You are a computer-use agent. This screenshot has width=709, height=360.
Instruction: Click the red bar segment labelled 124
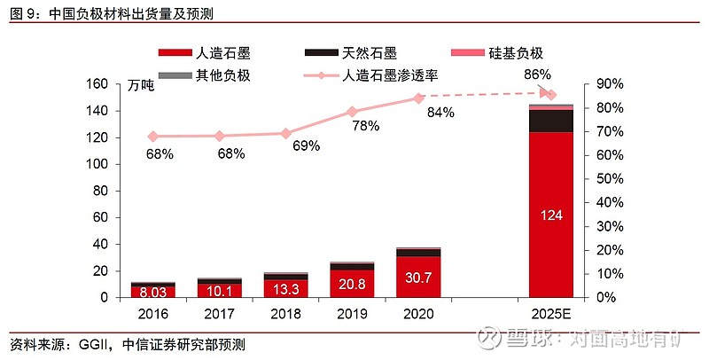550,215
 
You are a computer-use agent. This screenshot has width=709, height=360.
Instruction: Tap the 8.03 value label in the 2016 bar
152,291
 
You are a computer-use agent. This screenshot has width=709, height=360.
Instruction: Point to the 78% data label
365,126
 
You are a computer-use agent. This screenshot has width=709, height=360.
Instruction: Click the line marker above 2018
285,133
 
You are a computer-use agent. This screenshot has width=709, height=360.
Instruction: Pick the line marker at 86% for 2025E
550,95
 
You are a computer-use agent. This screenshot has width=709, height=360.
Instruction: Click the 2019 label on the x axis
352,312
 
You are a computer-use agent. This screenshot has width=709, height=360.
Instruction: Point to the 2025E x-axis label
550,312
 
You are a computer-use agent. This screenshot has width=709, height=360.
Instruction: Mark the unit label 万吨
140,86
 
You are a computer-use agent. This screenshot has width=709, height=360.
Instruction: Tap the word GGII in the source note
92,343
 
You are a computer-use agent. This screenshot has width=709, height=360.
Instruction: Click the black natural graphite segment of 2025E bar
550,121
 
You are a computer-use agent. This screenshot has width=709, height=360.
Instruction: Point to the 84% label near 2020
440,113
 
